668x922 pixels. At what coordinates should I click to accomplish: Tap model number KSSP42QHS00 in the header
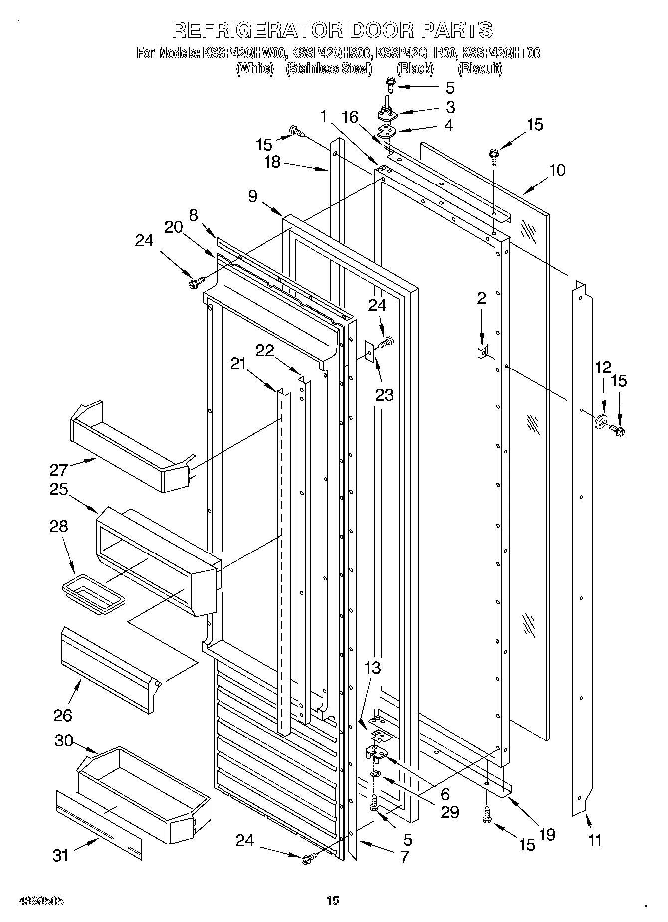331,53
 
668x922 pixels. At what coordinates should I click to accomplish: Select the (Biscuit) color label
480,68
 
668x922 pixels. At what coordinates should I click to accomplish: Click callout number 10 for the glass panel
557,170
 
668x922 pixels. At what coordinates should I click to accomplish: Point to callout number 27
58,469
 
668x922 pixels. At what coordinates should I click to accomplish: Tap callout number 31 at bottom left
60,856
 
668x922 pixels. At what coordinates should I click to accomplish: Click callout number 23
384,395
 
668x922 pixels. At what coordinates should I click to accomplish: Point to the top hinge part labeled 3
388,113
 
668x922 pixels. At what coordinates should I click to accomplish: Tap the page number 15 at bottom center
333,900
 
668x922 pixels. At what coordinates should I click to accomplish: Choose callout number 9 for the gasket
253,196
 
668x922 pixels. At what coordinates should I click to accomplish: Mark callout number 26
63,715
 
